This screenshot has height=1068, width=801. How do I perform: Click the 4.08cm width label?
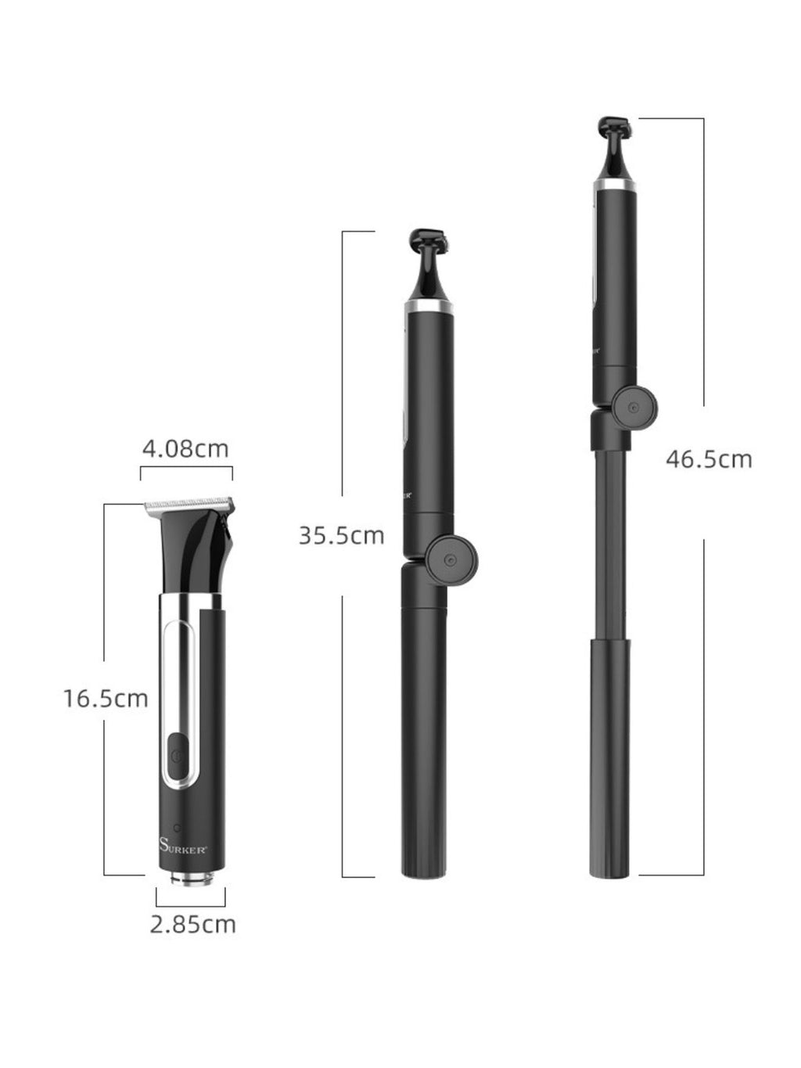(185, 448)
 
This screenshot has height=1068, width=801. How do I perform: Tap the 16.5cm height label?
(106, 697)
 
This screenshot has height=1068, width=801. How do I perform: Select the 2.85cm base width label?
(192, 924)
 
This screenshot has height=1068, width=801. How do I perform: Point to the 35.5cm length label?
(341, 535)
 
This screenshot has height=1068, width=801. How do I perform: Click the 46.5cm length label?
(708, 458)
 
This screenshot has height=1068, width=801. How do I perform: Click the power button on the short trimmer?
(178, 756)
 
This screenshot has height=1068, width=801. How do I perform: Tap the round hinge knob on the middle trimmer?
(451, 560)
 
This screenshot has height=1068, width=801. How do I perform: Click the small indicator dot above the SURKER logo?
(178, 827)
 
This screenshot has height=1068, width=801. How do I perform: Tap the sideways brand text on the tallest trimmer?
(595, 350)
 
